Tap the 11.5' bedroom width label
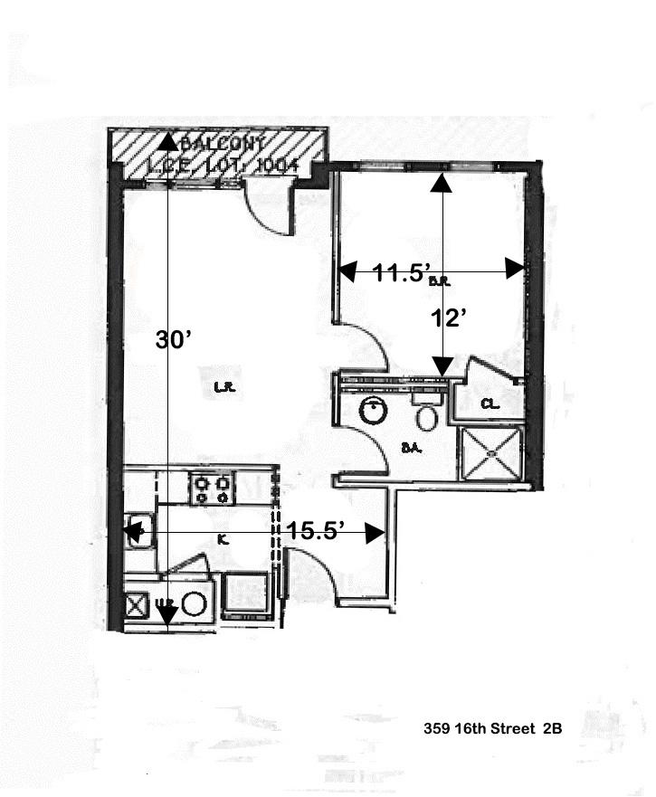click(x=394, y=271)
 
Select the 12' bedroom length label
click(x=449, y=318)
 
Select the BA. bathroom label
click(x=417, y=447)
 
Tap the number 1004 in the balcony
click(x=277, y=166)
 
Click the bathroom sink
click(x=372, y=411)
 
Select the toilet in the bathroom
click(x=426, y=415)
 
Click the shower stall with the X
click(x=492, y=452)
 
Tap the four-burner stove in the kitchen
click(x=212, y=489)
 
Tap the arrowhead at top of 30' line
click(x=168, y=140)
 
